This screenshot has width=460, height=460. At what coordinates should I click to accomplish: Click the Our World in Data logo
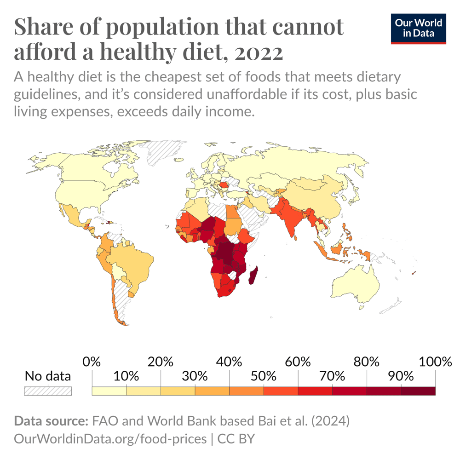pos(418,29)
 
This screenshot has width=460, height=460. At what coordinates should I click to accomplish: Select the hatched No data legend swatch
pos(48,391)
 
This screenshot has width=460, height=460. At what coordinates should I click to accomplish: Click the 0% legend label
pos(92,362)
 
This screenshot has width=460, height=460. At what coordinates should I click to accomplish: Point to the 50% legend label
pos(264,376)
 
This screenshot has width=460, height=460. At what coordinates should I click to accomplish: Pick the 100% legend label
pos(436,362)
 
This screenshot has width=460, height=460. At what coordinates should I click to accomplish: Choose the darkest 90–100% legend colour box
pos(418,391)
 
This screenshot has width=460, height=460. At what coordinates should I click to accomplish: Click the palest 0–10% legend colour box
pos(109,391)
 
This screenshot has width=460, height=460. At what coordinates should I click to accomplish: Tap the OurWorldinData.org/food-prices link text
pos(110,439)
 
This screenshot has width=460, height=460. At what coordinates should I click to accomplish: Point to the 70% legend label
pos(333,376)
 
